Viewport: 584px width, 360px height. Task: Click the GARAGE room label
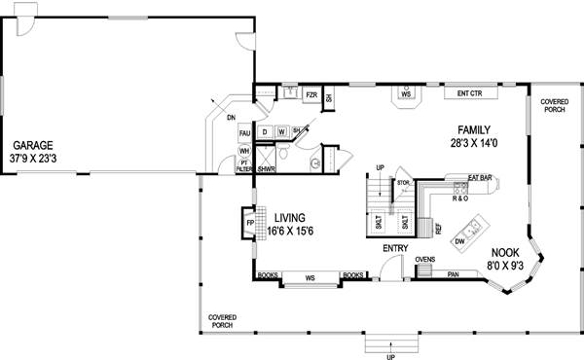32,144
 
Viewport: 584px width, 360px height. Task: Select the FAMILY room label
476,129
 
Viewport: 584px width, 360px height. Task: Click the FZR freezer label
310,95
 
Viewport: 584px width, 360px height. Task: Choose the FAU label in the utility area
244,132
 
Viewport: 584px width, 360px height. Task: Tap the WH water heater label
244,151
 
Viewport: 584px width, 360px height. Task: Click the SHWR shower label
266,168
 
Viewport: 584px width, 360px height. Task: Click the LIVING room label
293,217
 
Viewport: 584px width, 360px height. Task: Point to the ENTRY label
395,249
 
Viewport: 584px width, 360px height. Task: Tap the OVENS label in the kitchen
424,260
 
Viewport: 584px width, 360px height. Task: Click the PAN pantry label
454,274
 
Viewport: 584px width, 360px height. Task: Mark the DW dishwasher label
459,240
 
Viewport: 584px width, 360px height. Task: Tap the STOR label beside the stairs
402,182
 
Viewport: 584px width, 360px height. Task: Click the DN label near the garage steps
231,118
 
